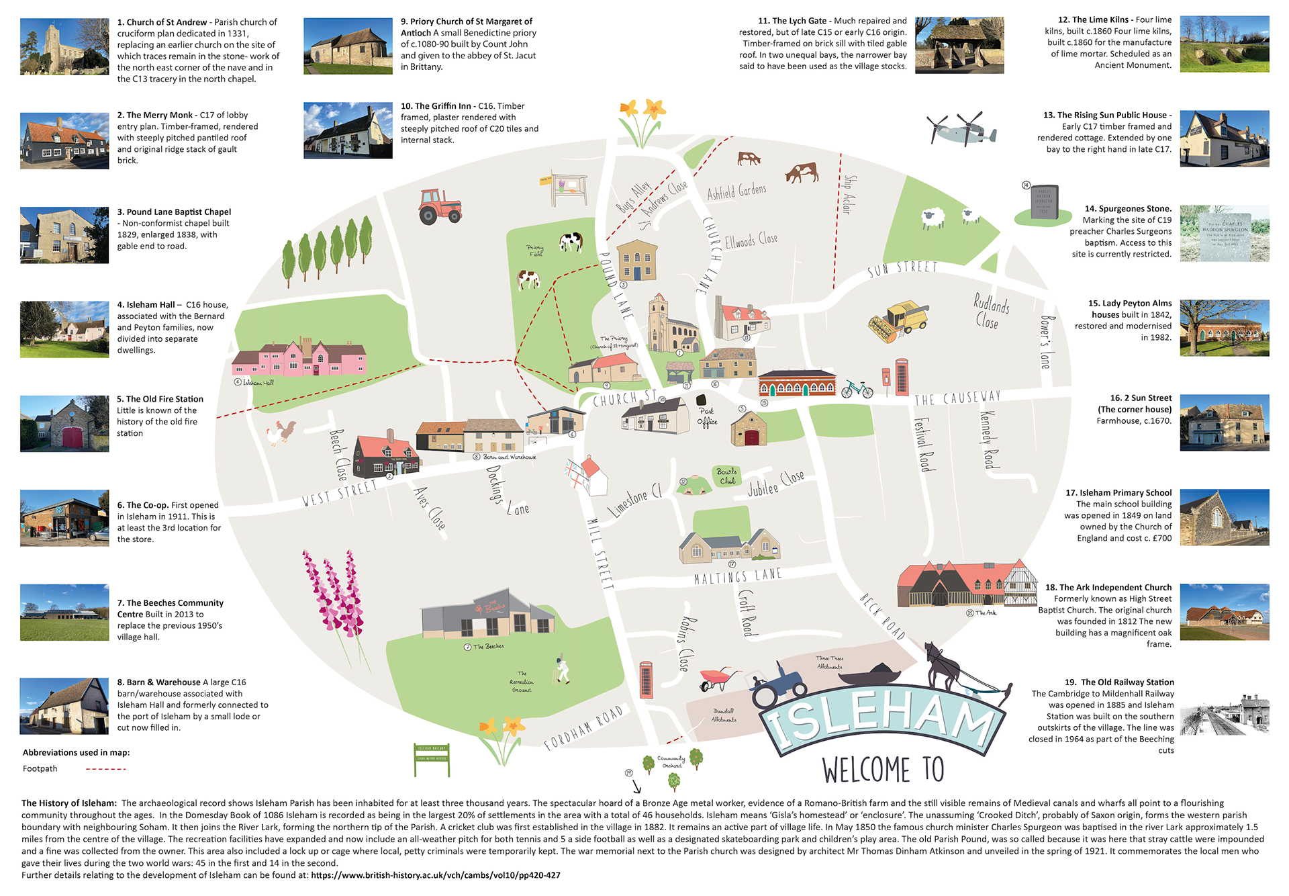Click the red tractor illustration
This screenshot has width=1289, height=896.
click(440, 206)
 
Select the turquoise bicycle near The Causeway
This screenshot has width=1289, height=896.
click(857, 389)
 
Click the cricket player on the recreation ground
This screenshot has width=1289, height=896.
click(562, 670)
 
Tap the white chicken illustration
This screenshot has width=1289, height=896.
click(281, 433)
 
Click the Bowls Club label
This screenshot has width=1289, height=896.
click(727, 476)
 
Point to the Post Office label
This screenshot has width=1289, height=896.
click(706, 416)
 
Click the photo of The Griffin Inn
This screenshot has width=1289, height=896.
click(348, 130)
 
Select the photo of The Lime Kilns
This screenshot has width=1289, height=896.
click(1224, 44)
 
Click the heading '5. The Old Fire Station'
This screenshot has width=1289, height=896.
click(160, 399)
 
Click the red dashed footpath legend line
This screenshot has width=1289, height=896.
click(105, 769)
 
